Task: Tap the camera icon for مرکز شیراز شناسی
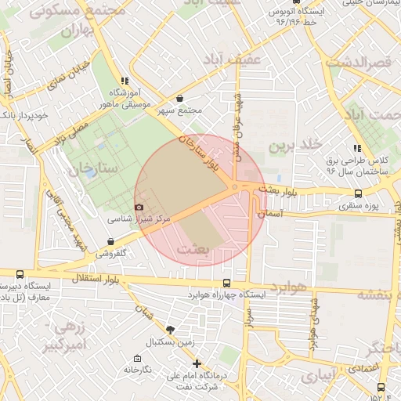tap(139, 207)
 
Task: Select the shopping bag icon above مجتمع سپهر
tap(181, 99)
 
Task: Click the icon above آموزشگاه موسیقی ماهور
tap(124, 81)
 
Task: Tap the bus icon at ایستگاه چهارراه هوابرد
tap(226, 283)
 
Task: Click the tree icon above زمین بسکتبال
tap(171, 330)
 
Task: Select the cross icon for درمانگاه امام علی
tap(197, 363)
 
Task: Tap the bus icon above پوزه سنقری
tap(358, 193)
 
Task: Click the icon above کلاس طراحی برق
tap(357, 148)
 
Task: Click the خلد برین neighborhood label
tap(294, 146)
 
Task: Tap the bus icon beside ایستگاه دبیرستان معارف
tap(20, 274)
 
